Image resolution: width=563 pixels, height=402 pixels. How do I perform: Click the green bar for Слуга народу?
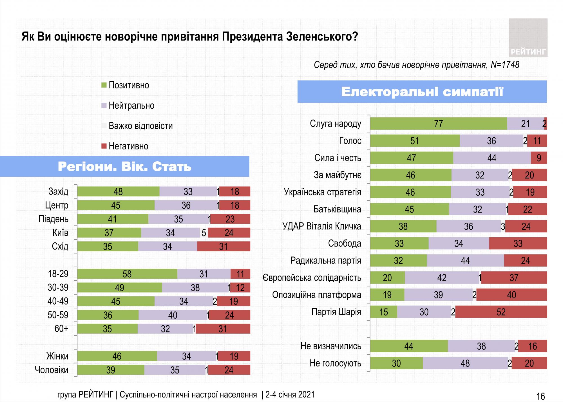coord(438,124)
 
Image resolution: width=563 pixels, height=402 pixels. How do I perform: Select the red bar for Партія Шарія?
coord(501,312)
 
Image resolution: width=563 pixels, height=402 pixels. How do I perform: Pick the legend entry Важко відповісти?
coord(137,126)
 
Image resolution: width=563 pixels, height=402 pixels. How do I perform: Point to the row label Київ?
coord(60,233)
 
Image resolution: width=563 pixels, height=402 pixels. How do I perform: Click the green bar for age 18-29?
coord(127,274)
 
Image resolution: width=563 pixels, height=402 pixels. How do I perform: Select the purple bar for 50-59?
coord(173,315)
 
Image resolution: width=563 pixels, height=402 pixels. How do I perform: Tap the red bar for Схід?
coord(223,247)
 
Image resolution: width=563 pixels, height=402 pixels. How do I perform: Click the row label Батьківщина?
coord(337,209)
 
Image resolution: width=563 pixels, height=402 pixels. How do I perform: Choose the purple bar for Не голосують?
coord(465,363)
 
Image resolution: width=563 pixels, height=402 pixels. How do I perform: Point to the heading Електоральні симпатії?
coord(422,92)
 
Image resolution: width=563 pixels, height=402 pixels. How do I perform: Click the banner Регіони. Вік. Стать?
coord(124,167)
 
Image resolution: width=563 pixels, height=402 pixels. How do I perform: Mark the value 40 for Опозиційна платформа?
coord(511,295)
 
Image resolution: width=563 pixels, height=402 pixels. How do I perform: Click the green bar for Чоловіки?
coord(111,370)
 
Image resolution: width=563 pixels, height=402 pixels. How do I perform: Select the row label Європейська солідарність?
coord(312,278)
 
